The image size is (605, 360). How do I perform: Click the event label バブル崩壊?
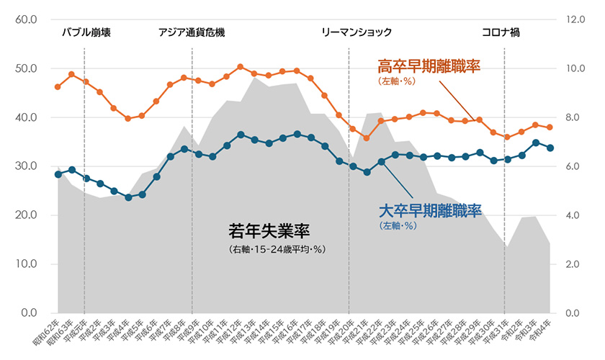click(x=86, y=32)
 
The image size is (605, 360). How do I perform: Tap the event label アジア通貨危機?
click(x=192, y=32)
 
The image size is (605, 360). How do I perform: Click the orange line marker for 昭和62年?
click(x=58, y=87)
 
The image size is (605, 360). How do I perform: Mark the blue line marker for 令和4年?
click(x=550, y=148)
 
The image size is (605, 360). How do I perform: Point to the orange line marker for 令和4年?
click(x=550, y=127)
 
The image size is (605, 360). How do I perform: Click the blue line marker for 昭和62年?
click(x=58, y=174)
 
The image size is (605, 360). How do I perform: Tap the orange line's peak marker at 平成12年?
click(x=240, y=67)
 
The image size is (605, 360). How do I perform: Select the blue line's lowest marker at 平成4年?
click(x=128, y=197)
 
